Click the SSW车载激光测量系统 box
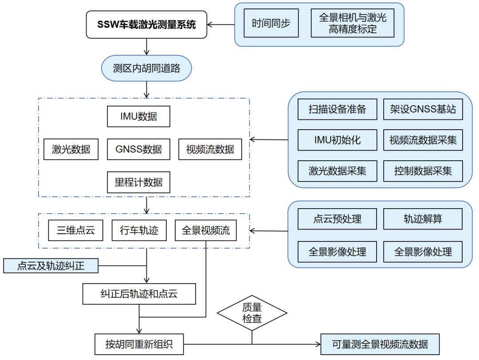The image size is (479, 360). pos(146,24)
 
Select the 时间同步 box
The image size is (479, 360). pos(271,24)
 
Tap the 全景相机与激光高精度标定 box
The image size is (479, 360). pos(352,24)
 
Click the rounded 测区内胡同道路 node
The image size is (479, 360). pos(146,69)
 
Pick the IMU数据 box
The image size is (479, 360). pos(138,117)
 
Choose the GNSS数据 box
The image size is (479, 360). pos(138,149)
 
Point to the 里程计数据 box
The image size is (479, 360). pos(138,182)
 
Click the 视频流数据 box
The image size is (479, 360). pos(210,149)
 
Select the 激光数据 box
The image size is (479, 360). pos(71,149)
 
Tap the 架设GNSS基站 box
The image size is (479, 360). pos(423,109)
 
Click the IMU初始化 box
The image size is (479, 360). pos(337,140)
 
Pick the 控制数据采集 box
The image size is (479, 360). pos(423,171)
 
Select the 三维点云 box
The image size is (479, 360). pos(75,231)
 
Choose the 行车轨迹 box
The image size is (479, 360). pos(139,231)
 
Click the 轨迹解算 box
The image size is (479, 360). pos(423,219)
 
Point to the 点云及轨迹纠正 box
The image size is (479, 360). pos(51,266)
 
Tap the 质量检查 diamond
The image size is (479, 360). pos(251,313)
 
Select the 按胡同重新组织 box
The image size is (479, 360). pos(139,344)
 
